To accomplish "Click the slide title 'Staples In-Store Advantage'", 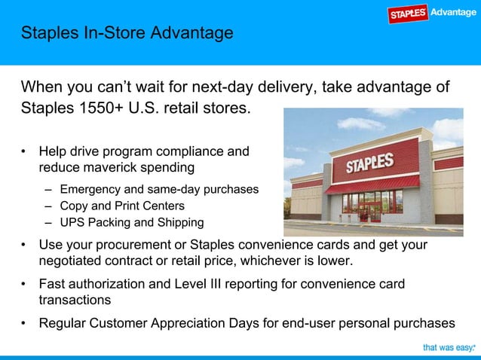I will [x=127, y=34].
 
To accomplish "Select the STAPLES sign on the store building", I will [x=369, y=163].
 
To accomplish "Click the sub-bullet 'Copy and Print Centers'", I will [x=122, y=206].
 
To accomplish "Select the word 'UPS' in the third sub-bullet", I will [x=72, y=222].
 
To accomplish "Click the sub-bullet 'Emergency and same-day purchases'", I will [x=158, y=189].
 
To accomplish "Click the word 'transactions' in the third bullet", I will [x=75, y=300].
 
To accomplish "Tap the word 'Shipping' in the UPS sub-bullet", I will [x=179, y=222].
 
